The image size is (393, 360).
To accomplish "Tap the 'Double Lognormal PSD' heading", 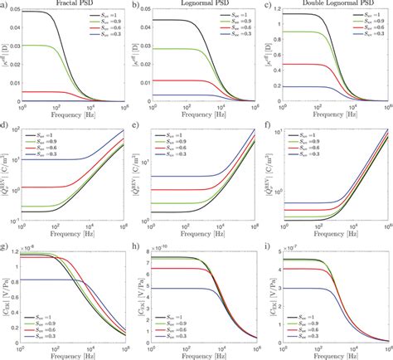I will [330, 4].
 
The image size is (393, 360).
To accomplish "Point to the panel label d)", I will [6, 126].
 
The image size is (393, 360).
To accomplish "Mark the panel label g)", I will [6, 246].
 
